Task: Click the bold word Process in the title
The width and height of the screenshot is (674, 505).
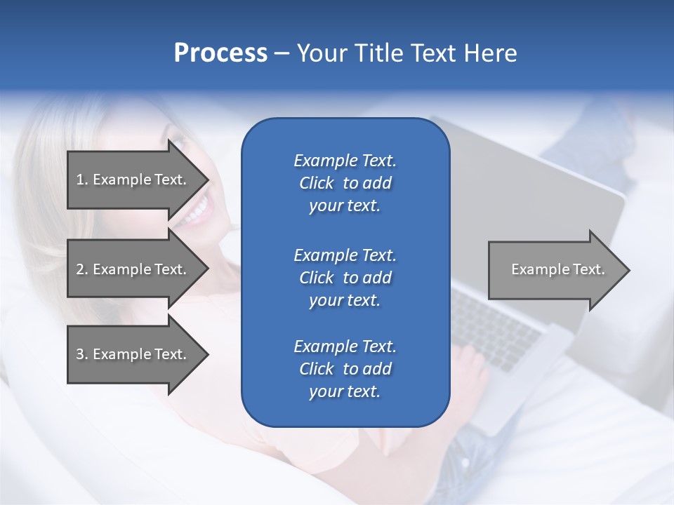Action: tap(220, 53)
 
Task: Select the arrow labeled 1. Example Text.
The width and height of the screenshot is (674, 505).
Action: tap(133, 180)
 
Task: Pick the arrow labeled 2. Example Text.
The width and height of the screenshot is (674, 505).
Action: tap(133, 269)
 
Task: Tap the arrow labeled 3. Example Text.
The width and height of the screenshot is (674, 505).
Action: tap(133, 354)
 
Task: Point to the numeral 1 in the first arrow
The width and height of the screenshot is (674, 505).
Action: tap(79, 180)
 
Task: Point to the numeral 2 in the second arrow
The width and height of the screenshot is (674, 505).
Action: tap(80, 269)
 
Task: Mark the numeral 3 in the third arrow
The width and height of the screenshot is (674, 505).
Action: tap(80, 354)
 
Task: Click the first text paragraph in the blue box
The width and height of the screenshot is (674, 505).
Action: tap(345, 183)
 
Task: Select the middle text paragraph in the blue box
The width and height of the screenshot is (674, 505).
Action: tap(345, 278)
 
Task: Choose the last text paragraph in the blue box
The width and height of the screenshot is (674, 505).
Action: tap(345, 369)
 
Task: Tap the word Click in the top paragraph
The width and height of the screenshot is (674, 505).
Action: tap(316, 183)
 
